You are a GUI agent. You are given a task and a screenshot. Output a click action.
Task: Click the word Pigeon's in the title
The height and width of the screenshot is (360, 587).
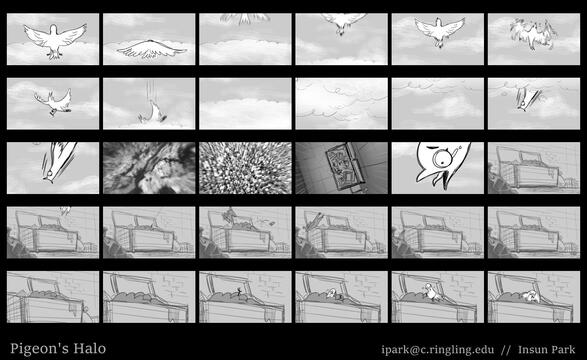(39, 349)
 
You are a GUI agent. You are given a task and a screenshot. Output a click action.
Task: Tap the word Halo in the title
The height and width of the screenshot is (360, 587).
(90, 348)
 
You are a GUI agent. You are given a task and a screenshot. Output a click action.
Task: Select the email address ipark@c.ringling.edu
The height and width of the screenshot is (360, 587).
(438, 350)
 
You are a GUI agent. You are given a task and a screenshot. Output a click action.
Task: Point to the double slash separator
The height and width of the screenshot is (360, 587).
(506, 350)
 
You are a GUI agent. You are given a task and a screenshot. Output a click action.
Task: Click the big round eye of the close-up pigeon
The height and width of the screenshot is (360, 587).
(442, 158)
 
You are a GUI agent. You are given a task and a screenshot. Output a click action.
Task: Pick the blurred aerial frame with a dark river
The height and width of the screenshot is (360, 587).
(149, 168)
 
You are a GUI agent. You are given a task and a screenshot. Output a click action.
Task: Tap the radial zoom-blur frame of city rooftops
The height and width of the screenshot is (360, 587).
(245, 168)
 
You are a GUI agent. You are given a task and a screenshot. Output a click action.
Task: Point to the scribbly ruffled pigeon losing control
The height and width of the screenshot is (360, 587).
(533, 33)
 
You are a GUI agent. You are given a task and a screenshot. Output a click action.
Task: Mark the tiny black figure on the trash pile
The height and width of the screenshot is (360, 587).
(239, 291)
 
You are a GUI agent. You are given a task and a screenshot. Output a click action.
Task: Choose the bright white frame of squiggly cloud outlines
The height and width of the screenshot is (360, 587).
(341, 104)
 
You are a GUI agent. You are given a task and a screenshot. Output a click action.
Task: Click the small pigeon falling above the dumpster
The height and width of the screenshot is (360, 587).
(65, 211)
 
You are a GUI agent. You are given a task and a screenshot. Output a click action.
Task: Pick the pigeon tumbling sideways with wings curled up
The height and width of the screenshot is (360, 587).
(54, 101)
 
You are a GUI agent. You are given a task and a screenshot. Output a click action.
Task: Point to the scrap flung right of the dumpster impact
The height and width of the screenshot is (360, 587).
(269, 223)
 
